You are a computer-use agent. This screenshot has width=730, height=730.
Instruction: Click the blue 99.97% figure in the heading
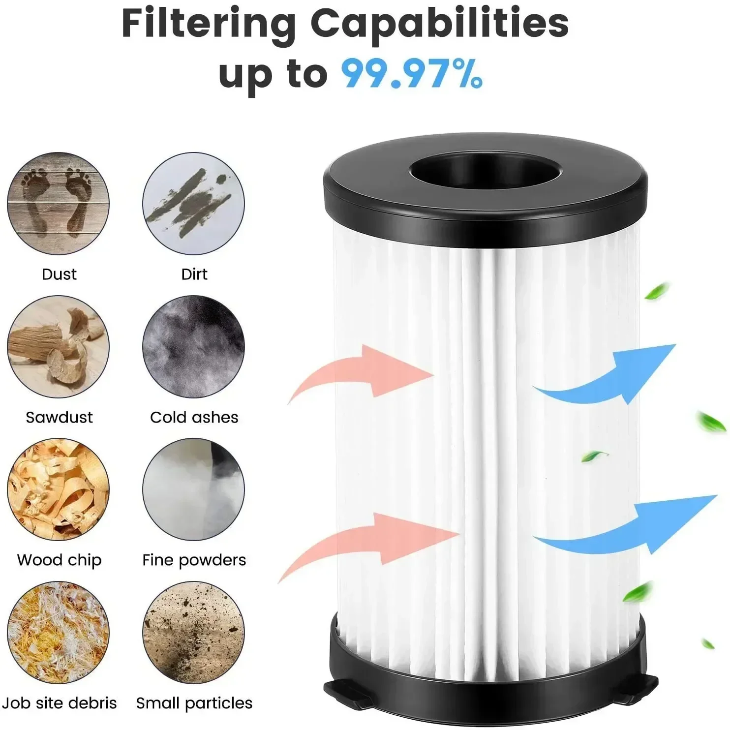[x=412, y=73]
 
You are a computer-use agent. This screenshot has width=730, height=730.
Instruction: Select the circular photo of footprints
[x=58, y=203]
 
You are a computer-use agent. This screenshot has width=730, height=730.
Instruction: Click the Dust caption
[x=59, y=274]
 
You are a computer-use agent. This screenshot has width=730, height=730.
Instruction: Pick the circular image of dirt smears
[x=193, y=203]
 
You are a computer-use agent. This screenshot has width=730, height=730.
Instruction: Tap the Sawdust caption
[x=59, y=417]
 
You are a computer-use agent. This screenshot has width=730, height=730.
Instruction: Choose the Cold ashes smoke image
[x=193, y=346]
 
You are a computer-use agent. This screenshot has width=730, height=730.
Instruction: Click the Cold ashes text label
[x=194, y=417]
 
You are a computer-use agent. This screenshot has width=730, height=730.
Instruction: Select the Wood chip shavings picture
[x=58, y=489]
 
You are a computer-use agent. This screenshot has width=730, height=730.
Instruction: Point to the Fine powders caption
[x=194, y=560]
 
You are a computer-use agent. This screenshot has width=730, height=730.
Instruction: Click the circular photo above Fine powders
[x=193, y=489]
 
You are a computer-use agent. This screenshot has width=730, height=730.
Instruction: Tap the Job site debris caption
[x=59, y=703]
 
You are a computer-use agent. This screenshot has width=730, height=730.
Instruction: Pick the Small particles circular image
[x=193, y=633]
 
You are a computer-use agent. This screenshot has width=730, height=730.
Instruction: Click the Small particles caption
[x=194, y=703]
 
